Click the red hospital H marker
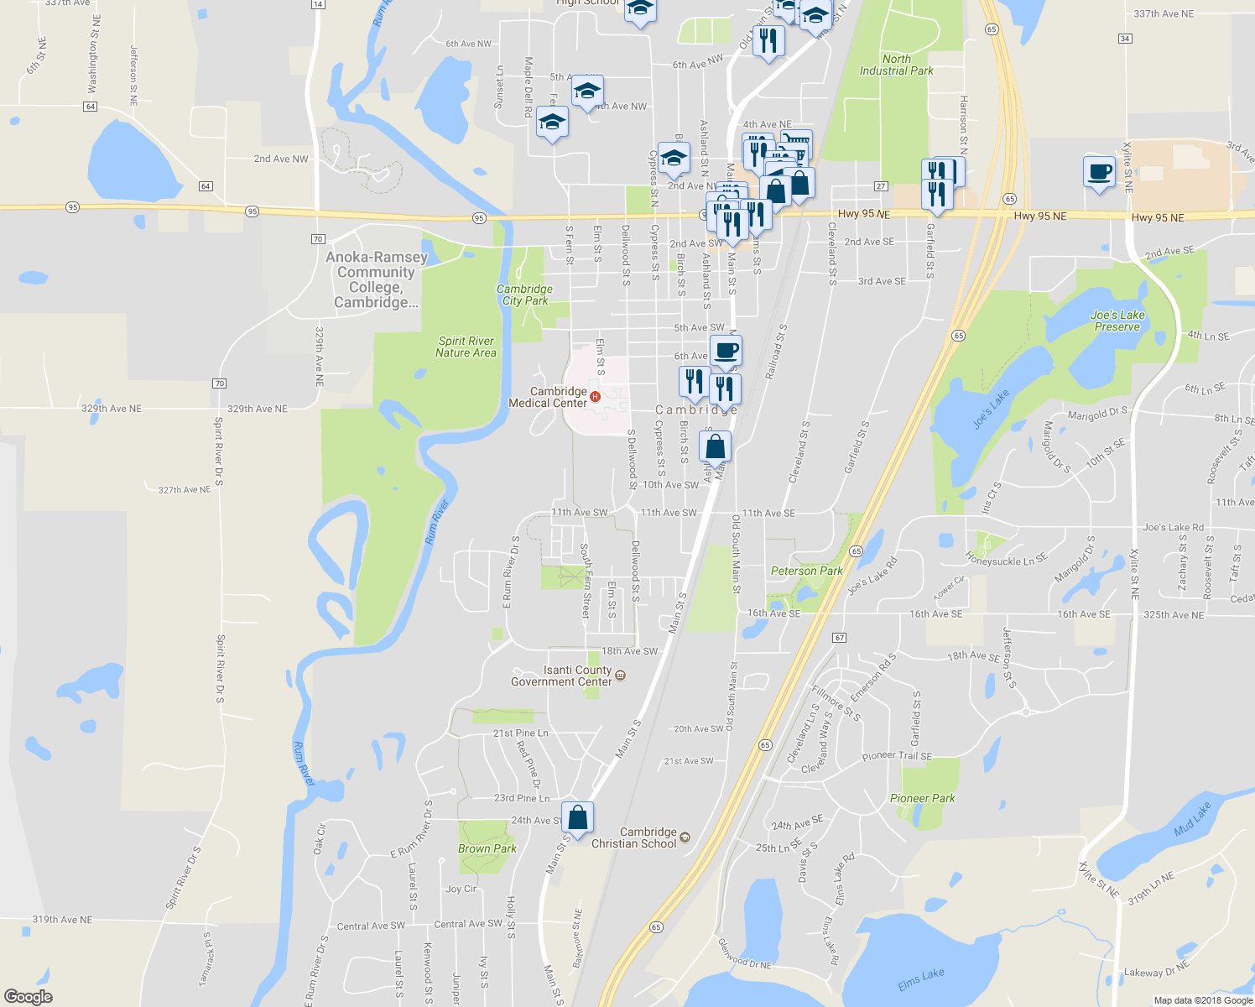595,397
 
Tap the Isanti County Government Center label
561,676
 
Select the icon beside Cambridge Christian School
685,837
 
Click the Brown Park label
487,848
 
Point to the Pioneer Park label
922,798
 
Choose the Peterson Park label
806,571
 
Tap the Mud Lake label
1192,819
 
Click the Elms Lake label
920,978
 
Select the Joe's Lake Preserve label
1117,321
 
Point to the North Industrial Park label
896,65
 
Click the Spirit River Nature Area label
466,347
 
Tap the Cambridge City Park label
524,295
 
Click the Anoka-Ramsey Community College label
376,279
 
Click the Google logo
29,997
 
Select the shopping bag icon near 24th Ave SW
577,817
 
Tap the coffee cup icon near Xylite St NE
1099,172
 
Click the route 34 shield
1125,39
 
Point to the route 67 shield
839,638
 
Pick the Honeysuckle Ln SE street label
1006,559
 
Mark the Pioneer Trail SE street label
897,756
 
